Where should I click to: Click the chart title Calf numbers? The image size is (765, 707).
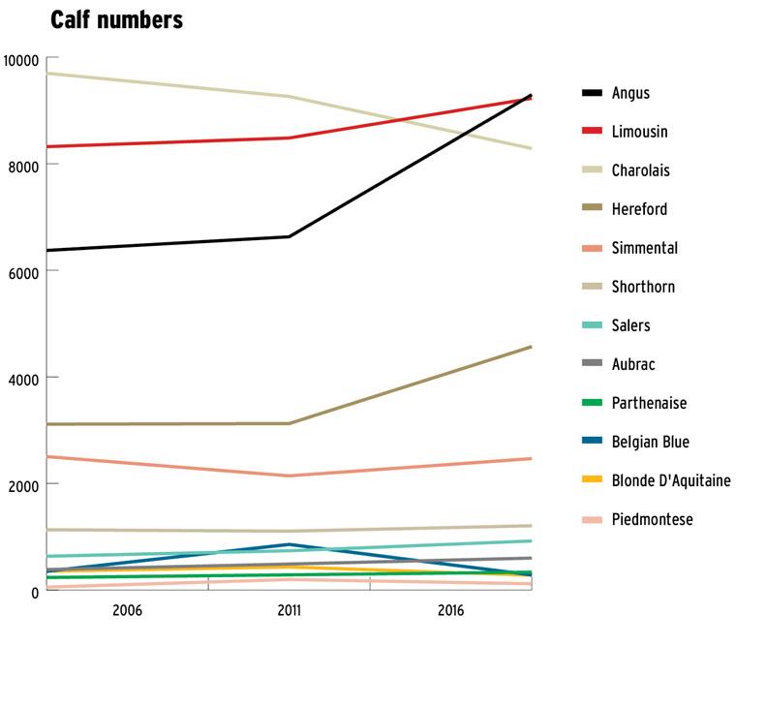(x=117, y=20)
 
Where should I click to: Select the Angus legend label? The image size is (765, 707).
(x=630, y=94)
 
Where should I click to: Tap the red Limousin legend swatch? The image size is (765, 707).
(x=592, y=132)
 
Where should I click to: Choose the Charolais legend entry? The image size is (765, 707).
(x=640, y=170)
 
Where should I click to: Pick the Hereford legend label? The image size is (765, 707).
(x=639, y=209)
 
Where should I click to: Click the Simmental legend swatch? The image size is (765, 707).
(x=592, y=248)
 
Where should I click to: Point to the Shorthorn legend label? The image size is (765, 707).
(x=643, y=287)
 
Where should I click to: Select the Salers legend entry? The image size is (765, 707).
(x=630, y=325)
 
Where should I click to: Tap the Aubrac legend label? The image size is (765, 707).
(x=633, y=364)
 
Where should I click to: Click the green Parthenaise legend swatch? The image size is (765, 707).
(x=592, y=403)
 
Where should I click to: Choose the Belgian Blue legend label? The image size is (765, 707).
(x=650, y=442)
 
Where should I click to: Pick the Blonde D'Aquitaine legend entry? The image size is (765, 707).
(x=671, y=480)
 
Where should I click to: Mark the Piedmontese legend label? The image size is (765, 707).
(x=652, y=519)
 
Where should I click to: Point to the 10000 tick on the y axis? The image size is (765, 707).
(x=20, y=60)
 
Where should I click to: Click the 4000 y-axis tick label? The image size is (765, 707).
(x=23, y=378)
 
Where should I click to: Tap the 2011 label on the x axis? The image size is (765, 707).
(x=289, y=611)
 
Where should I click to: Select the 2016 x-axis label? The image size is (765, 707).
(x=450, y=611)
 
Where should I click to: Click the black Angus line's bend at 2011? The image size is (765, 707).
(x=289, y=236)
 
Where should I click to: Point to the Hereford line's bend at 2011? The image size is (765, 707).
(x=289, y=423)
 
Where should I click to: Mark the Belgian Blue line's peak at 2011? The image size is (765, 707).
(x=289, y=544)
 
